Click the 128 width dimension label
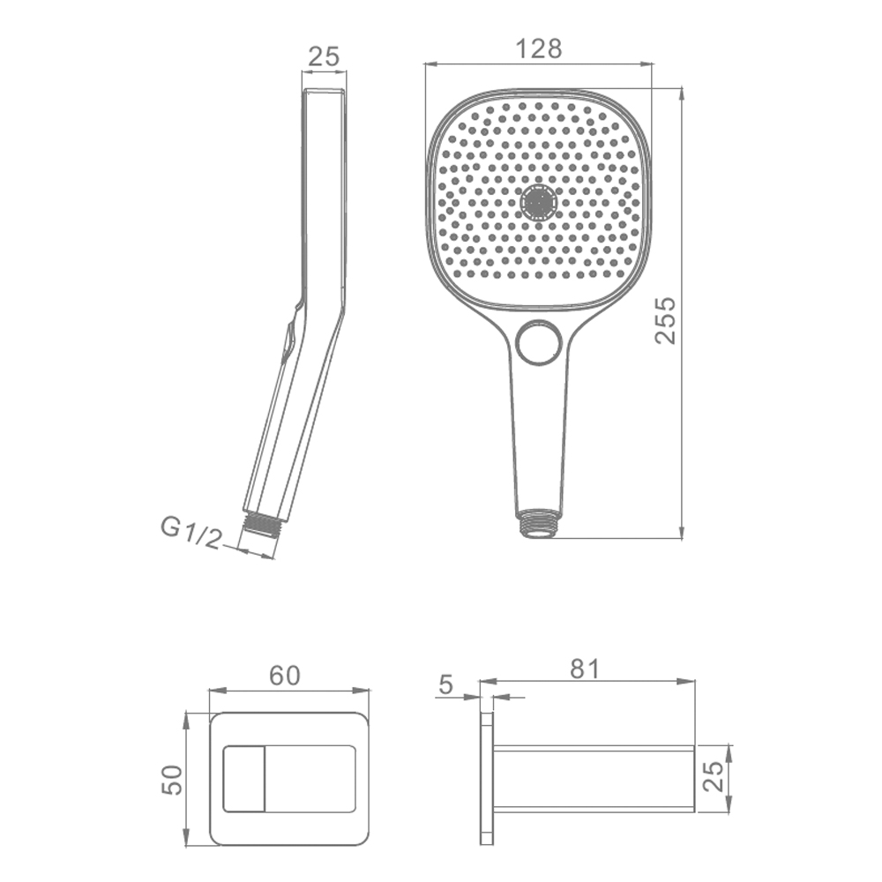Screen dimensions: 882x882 [539, 49]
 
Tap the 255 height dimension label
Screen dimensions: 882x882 [665, 320]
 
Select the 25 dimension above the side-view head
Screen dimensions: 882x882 [325, 56]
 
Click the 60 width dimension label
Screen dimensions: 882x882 [285, 676]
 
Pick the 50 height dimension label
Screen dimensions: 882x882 [172, 780]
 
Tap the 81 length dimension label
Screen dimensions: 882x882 [585, 669]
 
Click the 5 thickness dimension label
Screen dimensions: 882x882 [445, 684]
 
